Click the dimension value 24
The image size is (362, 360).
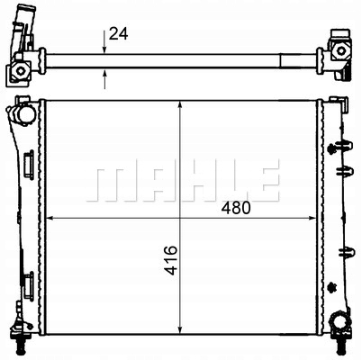[x=119, y=34]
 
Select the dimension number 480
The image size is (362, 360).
[x=236, y=208]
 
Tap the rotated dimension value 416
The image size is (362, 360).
[x=171, y=260]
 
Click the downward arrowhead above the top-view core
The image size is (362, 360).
[x=104, y=49]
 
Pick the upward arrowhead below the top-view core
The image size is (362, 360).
[x=104, y=73]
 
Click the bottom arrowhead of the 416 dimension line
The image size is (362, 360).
[x=180, y=328]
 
